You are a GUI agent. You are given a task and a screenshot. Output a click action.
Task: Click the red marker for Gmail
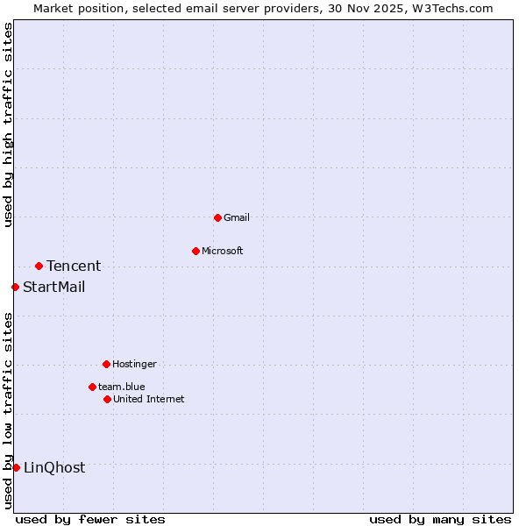[217, 217]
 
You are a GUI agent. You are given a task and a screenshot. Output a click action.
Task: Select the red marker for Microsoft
[195, 251]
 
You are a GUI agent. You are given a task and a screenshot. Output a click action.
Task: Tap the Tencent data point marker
[39, 266]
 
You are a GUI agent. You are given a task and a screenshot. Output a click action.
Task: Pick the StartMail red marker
[15, 287]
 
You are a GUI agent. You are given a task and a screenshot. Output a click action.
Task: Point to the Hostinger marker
[106, 364]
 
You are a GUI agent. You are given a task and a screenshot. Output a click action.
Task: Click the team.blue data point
[92, 387]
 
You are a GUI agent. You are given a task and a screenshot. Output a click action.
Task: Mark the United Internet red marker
[107, 399]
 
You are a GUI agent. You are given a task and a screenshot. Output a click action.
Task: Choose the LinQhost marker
[16, 467]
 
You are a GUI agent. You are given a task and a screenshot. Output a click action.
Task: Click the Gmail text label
[237, 217]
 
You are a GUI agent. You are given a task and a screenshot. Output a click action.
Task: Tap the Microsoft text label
[223, 251]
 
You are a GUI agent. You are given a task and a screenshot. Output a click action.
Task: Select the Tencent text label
[74, 266]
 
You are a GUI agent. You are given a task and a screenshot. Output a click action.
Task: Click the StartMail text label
[54, 287]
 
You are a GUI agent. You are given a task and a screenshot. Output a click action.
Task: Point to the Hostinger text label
[134, 364]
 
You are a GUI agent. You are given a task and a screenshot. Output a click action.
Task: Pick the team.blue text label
[122, 387]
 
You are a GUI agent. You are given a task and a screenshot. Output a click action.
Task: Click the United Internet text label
[149, 399]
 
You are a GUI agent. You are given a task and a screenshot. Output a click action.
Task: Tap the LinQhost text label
[54, 467]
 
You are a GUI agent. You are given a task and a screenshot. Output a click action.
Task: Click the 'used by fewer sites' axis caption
[90, 519]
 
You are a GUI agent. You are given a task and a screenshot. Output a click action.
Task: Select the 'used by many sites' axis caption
[440, 519]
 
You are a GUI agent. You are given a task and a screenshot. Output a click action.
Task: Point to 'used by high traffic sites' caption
[9, 124]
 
